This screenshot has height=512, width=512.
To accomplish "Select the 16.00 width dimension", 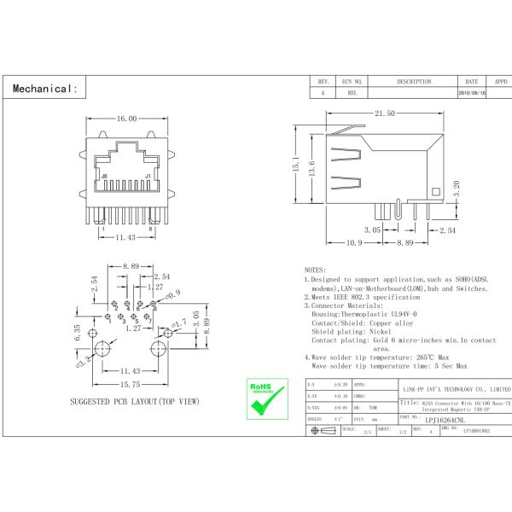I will click(126, 119).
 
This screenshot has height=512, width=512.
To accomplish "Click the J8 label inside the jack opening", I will click(105, 177).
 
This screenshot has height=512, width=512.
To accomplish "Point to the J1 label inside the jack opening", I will click(148, 177).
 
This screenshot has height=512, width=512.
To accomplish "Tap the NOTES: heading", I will click(314, 269).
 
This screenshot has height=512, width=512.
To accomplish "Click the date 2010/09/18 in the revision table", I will click(473, 92).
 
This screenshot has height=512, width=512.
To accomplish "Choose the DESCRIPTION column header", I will click(413, 82).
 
